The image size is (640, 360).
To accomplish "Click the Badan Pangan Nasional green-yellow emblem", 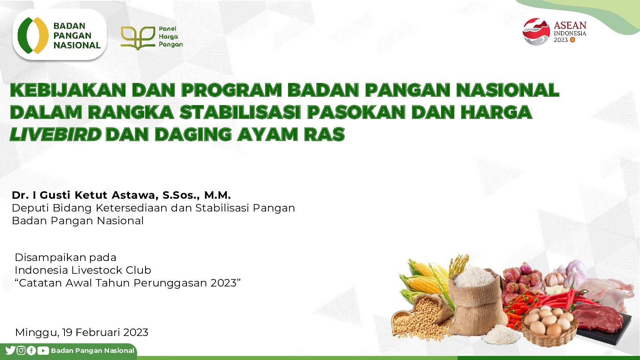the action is [x=33, y=35].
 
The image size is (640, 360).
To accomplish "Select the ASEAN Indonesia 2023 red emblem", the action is [x=536, y=31].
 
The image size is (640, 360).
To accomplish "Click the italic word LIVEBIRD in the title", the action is [x=56, y=134].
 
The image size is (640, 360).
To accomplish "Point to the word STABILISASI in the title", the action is [x=240, y=112].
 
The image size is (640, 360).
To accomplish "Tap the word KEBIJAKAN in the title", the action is [x=68, y=90].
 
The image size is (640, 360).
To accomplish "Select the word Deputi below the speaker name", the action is [x=31, y=208].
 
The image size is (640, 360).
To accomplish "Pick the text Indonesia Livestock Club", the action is [x=83, y=270].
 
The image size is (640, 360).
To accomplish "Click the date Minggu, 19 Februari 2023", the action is [x=82, y=333].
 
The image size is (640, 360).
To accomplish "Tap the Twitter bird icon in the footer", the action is [x=10, y=350].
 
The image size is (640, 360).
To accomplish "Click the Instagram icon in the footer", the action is [x=21, y=350].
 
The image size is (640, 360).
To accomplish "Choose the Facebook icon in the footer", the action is [x=31, y=351].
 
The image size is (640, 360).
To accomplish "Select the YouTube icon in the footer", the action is [x=43, y=351].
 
